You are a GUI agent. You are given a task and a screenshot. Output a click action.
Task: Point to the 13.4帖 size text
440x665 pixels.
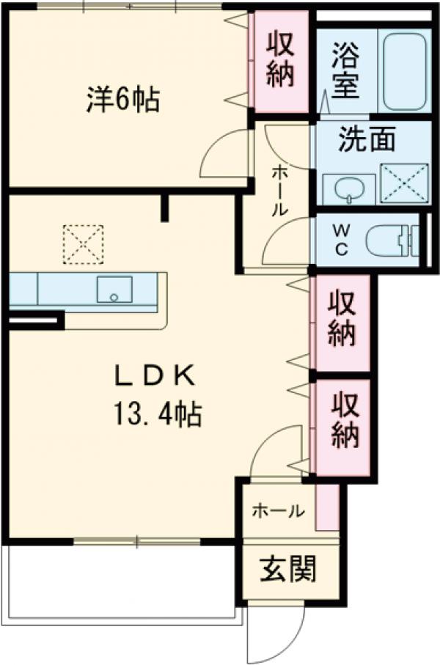157,416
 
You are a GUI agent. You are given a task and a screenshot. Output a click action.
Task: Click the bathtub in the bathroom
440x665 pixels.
406,70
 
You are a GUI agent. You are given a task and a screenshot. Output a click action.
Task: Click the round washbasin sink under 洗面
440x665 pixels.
345,190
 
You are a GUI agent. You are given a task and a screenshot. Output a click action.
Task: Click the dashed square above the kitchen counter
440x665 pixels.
82,244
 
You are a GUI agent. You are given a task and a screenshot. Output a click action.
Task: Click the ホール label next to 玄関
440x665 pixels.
278,511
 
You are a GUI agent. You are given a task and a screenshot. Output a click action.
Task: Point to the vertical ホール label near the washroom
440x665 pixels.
279,190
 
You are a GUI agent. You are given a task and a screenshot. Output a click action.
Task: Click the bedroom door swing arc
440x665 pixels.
224,155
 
